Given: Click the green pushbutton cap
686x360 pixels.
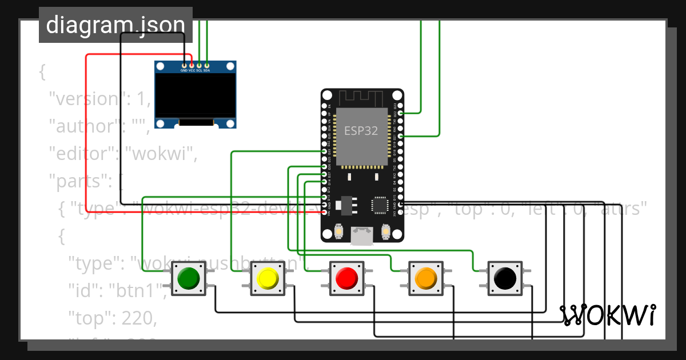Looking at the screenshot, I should click(x=189, y=278).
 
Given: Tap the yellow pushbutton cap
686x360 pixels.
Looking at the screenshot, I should click(x=268, y=278).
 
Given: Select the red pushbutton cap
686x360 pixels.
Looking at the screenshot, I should click(x=346, y=278).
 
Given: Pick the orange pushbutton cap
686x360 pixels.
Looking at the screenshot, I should click(x=425, y=278).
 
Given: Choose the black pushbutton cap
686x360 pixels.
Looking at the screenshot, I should click(x=504, y=278).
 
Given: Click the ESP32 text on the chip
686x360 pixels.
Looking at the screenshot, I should click(x=361, y=130).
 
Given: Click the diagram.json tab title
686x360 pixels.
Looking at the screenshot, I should click(x=115, y=25).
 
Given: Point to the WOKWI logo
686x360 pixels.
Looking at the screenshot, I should click(x=607, y=315).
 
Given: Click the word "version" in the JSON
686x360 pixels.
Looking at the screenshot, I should click(x=85, y=99).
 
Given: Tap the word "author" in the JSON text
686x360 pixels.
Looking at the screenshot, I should click(x=79, y=126).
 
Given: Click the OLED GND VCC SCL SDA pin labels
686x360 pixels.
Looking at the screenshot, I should click(x=195, y=70).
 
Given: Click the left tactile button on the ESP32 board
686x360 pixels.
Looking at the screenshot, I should click(x=339, y=231).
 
